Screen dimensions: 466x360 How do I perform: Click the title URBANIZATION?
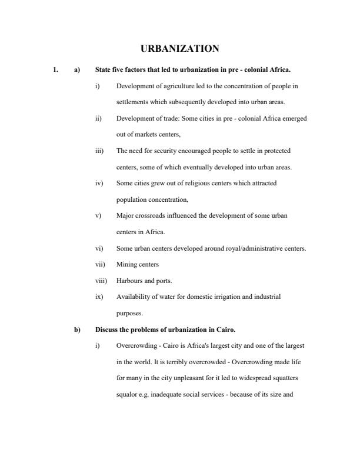tap(179, 48)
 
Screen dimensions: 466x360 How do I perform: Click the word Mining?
tap(126, 265)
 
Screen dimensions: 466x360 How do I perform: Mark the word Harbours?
tap(129, 281)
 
